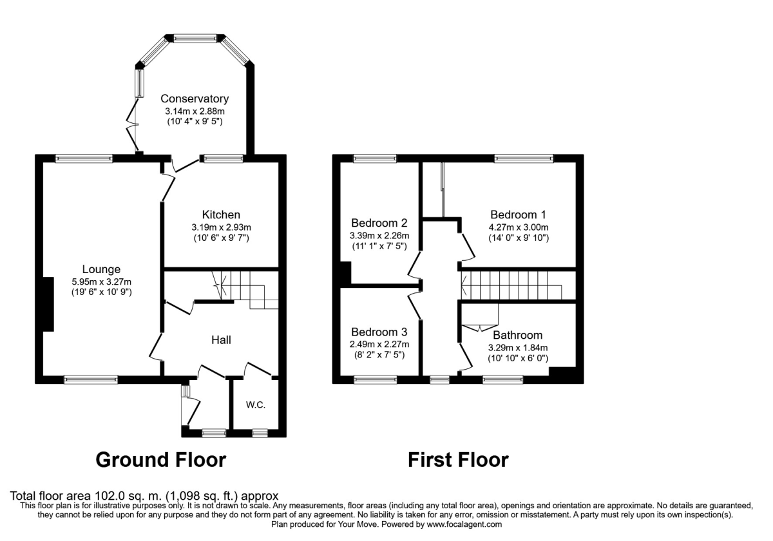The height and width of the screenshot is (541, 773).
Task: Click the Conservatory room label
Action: pos(195,99)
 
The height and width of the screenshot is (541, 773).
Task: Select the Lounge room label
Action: pos(101,269)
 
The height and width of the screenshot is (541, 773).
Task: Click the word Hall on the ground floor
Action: pos(221,339)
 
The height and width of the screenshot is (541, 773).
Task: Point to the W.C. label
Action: pos(256,405)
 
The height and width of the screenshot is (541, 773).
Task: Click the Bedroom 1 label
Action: pos(518,214)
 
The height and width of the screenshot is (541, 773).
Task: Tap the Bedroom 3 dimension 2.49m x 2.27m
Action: pos(379,344)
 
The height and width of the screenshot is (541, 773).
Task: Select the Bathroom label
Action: pos(518,335)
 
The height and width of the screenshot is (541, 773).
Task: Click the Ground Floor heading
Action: pos(161,460)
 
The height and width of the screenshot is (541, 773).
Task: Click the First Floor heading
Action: pos(458,460)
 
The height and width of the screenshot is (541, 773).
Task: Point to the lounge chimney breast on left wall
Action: pos(48,304)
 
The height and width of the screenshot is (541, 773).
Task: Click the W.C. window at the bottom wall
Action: pos(260,433)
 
